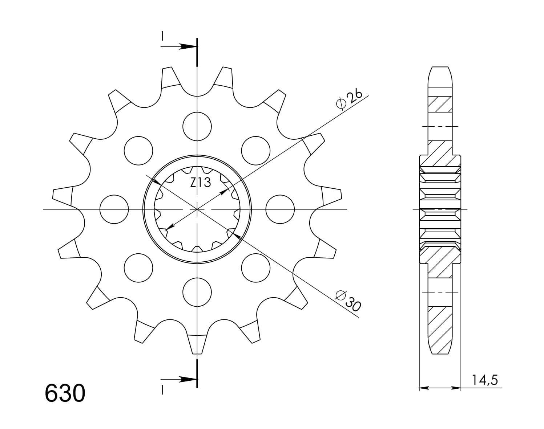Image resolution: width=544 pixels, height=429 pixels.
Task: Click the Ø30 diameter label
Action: (x=348, y=300)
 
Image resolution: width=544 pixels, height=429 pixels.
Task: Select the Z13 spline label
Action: (x=201, y=183)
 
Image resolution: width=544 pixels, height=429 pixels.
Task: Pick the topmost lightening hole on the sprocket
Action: (x=197, y=126)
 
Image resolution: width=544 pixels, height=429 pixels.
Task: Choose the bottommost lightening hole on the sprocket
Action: (x=197, y=292)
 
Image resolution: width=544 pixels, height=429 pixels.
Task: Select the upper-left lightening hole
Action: (x=138, y=151)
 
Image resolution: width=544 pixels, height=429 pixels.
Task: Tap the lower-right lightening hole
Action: (x=256, y=268)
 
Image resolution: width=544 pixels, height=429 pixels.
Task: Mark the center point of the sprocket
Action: (x=197, y=209)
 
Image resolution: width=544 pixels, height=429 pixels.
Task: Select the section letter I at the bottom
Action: (x=162, y=390)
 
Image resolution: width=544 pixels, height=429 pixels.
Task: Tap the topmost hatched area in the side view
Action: (x=440, y=105)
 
